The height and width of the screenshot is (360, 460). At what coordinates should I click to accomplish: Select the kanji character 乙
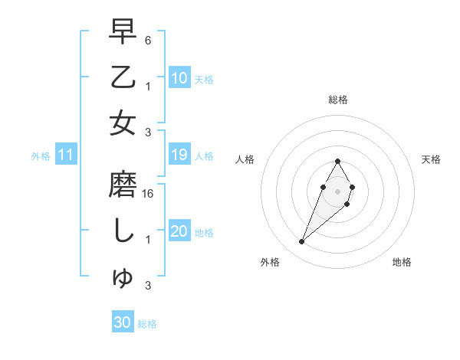[x=123, y=77]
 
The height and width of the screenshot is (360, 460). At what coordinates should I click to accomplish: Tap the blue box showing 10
[x=179, y=77]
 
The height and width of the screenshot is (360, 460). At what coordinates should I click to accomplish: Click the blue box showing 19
[x=179, y=155]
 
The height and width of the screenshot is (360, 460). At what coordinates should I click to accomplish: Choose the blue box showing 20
[x=179, y=231]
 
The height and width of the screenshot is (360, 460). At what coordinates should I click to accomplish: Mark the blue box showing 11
[x=66, y=155]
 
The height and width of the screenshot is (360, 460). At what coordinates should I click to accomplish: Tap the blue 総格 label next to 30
[x=147, y=324]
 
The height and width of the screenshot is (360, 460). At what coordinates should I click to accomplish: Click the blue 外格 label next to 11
[x=41, y=156]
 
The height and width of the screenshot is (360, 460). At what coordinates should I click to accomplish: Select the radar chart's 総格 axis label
[x=337, y=100]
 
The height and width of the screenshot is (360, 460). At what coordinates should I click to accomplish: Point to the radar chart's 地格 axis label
[x=402, y=262]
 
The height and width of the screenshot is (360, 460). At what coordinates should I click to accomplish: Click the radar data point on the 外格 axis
[x=302, y=242]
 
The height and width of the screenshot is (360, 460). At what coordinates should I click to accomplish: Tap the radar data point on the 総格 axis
[x=337, y=161]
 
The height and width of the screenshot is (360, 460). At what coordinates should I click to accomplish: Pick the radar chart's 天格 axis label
[x=431, y=159]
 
